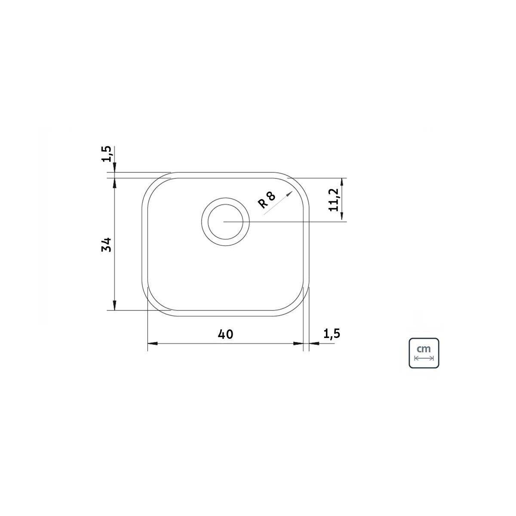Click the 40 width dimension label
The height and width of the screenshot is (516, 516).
[225, 334]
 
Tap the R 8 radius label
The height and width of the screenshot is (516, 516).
[267, 200]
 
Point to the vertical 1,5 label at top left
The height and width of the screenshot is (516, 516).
[107, 154]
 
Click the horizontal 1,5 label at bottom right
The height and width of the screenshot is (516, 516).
[332, 334]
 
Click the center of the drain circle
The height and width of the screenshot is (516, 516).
[225, 221]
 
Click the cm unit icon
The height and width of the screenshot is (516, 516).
[424, 353]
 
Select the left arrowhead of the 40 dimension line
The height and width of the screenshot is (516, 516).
[153, 344]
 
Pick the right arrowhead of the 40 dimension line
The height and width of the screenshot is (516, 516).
[298, 344]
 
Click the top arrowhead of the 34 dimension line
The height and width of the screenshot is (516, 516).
[115, 183]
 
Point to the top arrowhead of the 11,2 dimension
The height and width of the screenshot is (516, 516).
[341, 182]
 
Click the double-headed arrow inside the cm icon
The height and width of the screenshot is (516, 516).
[424, 358]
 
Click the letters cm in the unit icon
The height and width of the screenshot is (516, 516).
[424, 349]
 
